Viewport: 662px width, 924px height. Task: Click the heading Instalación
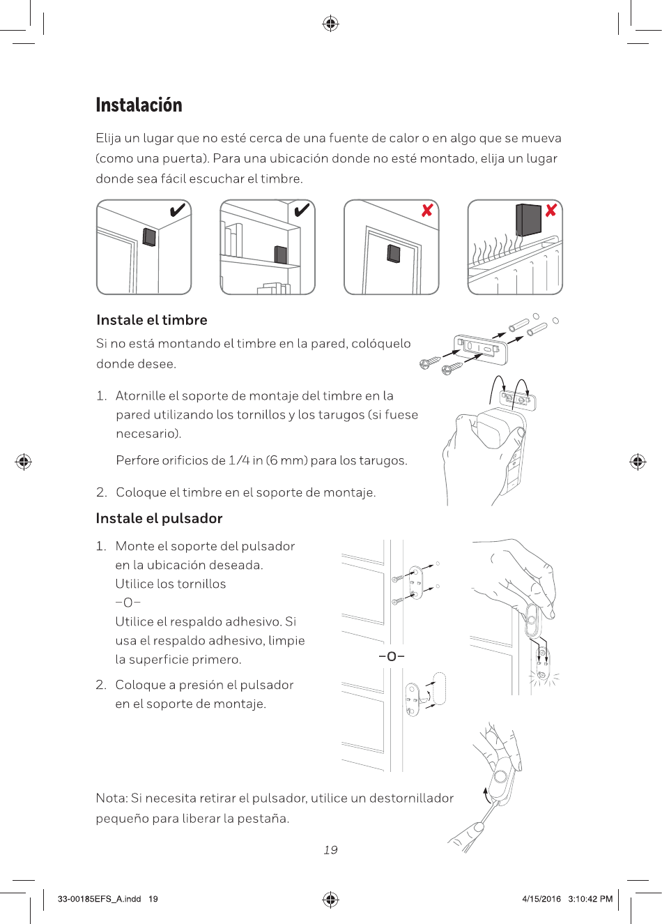coord(139,105)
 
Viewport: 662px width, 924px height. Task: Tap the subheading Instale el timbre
coord(151,320)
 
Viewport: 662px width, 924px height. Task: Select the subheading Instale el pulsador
coord(159,518)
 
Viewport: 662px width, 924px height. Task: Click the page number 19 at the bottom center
coord(330,849)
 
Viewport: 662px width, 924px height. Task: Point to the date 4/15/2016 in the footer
coord(541,899)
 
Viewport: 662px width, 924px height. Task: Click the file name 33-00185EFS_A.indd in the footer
coord(99,899)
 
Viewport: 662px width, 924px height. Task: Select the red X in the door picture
coord(426,210)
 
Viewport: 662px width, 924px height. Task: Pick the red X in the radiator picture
coord(551,210)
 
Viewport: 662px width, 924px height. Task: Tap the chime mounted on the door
coord(394,253)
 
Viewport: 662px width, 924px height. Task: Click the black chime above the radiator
coord(528,220)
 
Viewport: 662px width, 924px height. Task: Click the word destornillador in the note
coord(411,798)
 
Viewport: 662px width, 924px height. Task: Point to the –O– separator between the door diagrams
coord(392,656)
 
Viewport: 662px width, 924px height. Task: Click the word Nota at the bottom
coord(111,798)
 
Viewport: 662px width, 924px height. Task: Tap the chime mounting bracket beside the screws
coord(481,348)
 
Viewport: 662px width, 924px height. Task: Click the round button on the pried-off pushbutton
coord(500,778)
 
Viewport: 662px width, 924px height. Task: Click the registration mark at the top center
coord(330,24)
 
